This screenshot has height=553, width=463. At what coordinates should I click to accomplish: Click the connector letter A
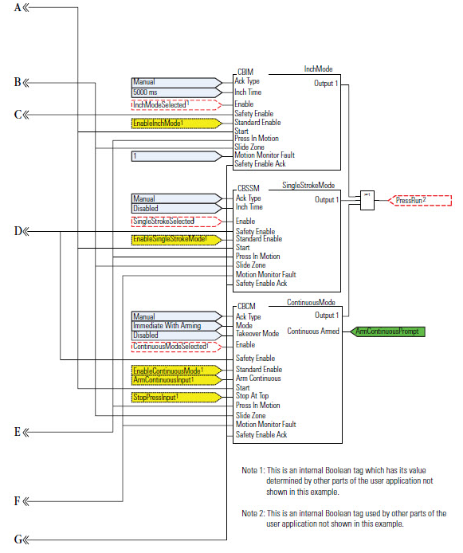coord(17,8)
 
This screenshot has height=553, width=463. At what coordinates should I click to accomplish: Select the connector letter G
coord(18,539)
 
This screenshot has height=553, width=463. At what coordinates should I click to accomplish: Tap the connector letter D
coord(18,231)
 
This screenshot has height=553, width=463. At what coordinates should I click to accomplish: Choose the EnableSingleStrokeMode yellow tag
coord(175,239)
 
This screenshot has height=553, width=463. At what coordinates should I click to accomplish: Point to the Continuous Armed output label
coord(313,331)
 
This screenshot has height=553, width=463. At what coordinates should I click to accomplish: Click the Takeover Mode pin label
coord(257,334)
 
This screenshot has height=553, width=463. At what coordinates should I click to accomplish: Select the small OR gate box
coord(367,199)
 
